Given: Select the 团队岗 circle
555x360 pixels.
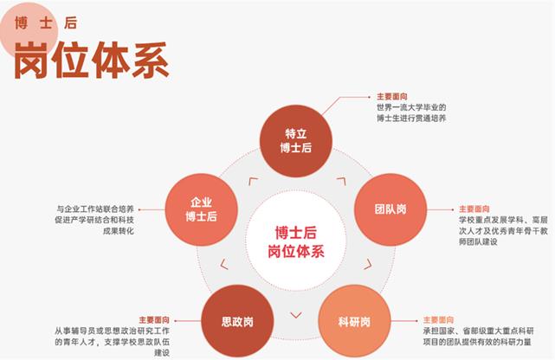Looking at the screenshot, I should [391, 209].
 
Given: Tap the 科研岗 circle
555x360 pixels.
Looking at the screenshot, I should [354, 322].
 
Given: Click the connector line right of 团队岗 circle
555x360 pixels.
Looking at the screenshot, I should [437, 209].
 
